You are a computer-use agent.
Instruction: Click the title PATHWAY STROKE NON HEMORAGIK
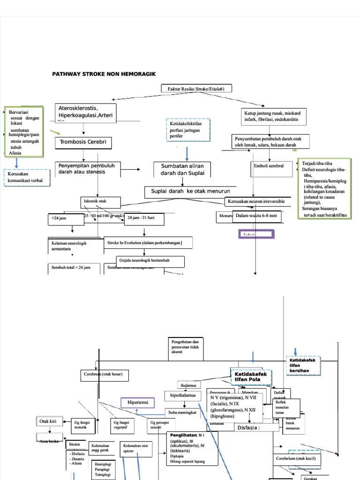pyautogui.click(x=104, y=74)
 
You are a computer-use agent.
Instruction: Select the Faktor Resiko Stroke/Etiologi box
pyautogui.click(x=196, y=89)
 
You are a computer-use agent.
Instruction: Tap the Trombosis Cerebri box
pyautogui.click(x=84, y=142)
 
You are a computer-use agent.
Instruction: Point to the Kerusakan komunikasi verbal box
pyautogui.click(x=26, y=178)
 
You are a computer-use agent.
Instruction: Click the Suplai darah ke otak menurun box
pyautogui.click(x=191, y=191)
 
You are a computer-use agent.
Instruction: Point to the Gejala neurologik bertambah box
pyautogui.click(x=150, y=261)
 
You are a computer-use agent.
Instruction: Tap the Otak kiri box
pyautogui.click(x=49, y=421)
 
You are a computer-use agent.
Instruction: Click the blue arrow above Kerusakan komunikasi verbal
pyautogui.click(x=16, y=163)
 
